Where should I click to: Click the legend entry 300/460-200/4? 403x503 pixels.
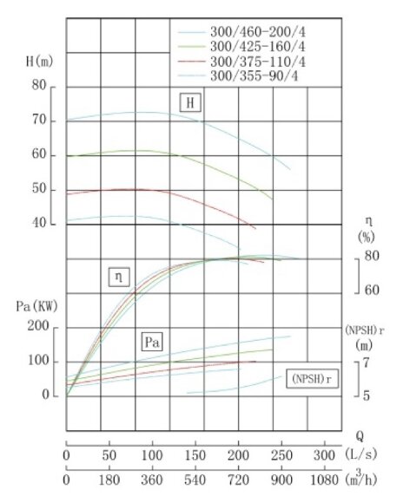point(259,28)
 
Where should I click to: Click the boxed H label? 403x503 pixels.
point(190,102)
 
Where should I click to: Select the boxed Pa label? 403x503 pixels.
point(152,341)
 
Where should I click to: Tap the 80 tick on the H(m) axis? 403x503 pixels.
point(38,86)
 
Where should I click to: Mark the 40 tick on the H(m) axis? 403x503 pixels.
point(38,224)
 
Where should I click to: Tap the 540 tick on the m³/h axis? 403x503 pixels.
point(195,479)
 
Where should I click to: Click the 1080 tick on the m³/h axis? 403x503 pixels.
point(321,479)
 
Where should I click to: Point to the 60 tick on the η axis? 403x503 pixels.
point(371,289)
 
